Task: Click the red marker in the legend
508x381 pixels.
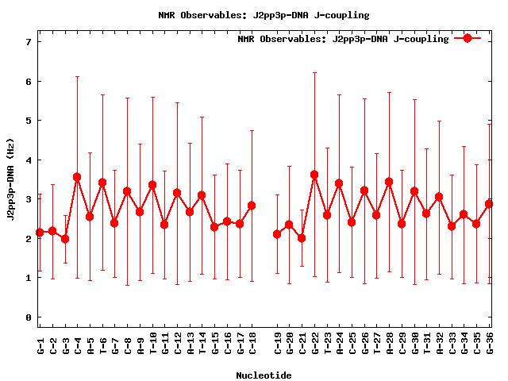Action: coord(468,38)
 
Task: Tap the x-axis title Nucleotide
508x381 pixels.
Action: coord(264,375)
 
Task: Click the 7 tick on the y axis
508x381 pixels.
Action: coord(28,42)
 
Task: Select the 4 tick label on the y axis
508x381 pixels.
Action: coord(28,160)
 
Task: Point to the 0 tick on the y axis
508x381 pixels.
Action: coord(28,317)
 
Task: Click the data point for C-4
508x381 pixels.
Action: coord(77,177)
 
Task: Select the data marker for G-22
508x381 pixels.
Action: coord(314,175)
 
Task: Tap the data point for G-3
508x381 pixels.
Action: coord(65,238)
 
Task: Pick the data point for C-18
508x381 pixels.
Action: coord(252,206)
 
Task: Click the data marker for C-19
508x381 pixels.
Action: coord(277,234)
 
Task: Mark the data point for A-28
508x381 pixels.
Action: coord(389,182)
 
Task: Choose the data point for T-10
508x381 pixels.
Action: coord(152,185)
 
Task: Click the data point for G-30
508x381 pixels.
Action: coord(414,191)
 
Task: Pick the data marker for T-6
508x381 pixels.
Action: coord(102,183)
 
